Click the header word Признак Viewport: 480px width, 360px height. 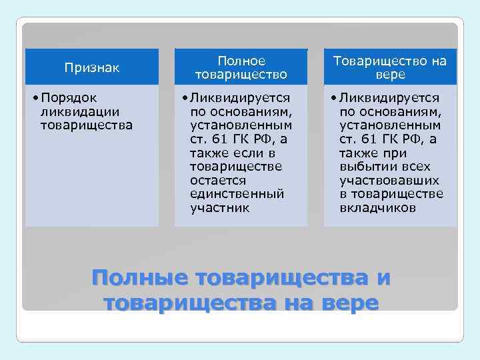92,67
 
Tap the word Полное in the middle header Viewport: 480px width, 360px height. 241,61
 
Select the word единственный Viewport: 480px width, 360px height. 237,194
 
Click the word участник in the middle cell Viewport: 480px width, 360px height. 219,208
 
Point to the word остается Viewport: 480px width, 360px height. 218,180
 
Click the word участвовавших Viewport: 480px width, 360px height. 389,180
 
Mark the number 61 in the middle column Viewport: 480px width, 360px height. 218,139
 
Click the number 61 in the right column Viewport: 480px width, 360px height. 367,139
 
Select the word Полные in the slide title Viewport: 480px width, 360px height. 139,278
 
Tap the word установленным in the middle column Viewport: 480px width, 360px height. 241,125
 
